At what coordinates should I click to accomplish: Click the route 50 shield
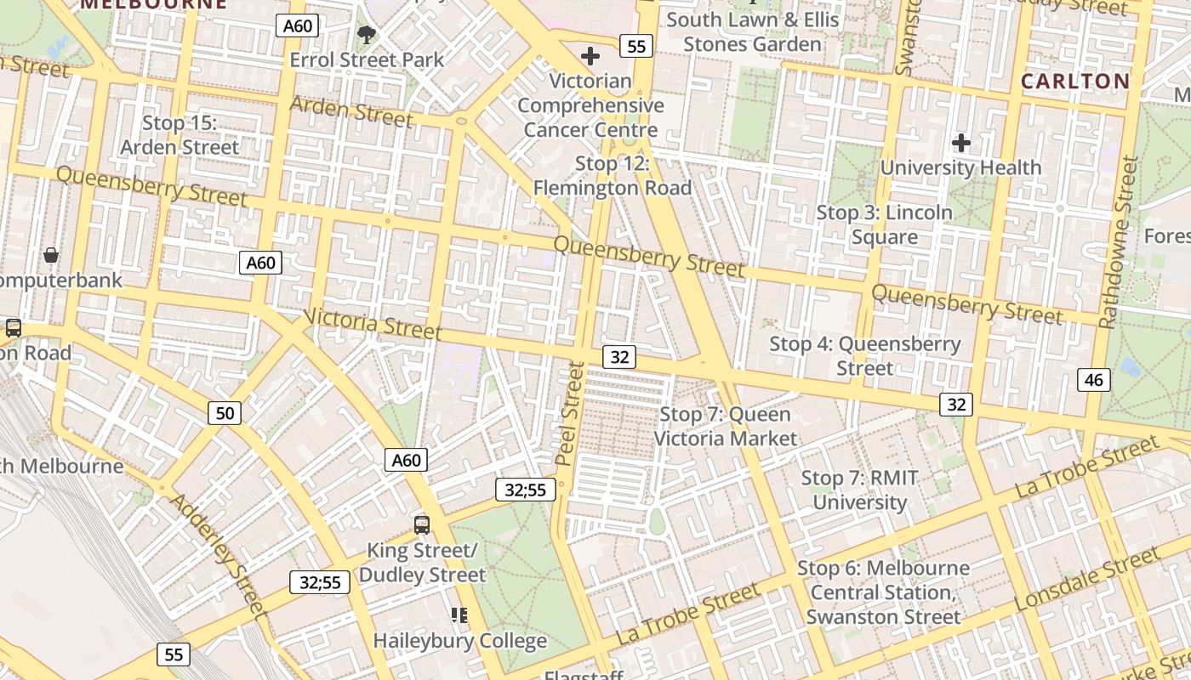click(x=225, y=413)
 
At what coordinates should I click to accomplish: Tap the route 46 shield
click(x=1093, y=380)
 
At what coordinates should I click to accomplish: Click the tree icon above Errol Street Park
click(x=367, y=35)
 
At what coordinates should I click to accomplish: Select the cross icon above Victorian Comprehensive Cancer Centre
click(x=590, y=57)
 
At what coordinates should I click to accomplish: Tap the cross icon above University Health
click(x=961, y=143)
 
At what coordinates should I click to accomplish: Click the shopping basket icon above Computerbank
click(x=51, y=255)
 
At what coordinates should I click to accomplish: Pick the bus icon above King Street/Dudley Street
click(x=422, y=524)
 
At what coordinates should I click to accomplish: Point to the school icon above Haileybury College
click(x=459, y=615)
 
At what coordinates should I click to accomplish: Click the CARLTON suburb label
click(x=1075, y=82)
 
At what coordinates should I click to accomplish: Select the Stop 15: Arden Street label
click(x=180, y=135)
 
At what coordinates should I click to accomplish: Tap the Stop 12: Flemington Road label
click(x=612, y=176)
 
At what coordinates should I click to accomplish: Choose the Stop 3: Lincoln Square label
click(x=885, y=224)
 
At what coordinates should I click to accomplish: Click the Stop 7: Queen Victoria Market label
click(x=726, y=427)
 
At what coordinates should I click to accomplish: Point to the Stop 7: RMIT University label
click(x=860, y=490)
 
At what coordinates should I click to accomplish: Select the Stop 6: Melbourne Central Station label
click(x=883, y=592)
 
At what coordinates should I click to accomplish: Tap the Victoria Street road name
click(x=373, y=323)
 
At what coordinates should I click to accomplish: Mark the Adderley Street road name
click(x=219, y=553)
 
